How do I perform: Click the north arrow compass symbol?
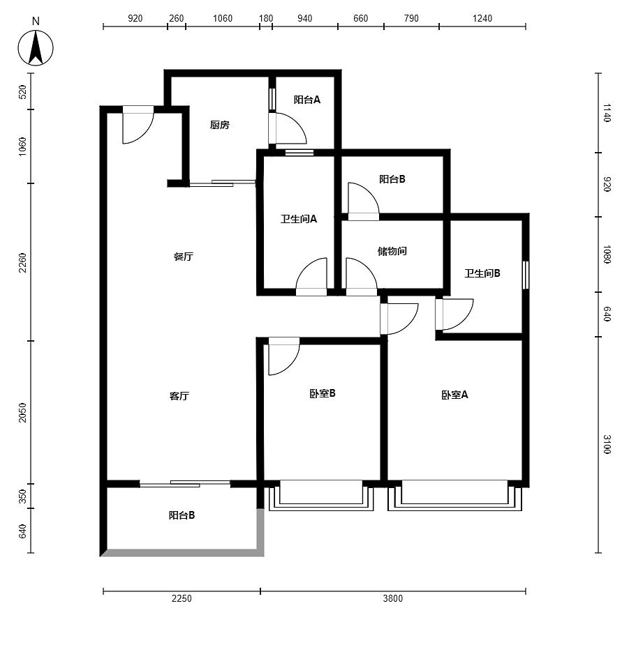[x=36, y=47]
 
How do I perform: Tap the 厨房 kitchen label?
[x=219, y=125]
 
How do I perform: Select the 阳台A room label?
[x=307, y=100]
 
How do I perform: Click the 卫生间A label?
[x=299, y=219]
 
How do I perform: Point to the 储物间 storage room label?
[x=392, y=251]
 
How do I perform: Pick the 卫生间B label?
[x=482, y=273]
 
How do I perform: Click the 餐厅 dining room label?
[x=184, y=257]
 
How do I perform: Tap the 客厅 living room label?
[x=179, y=396]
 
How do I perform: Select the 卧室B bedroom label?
[x=322, y=393]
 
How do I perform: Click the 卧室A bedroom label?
[x=454, y=395]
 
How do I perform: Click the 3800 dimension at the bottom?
[x=392, y=598]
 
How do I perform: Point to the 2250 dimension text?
[x=182, y=598]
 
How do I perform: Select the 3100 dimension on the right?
[x=607, y=444]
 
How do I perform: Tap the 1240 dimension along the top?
[x=482, y=18]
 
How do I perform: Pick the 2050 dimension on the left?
[x=22, y=413]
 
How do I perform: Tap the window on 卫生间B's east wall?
[x=526, y=275]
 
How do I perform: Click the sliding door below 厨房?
[x=223, y=183]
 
